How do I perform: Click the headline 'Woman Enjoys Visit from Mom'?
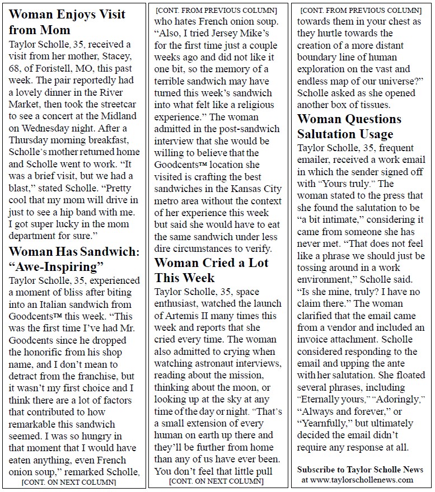(67, 22)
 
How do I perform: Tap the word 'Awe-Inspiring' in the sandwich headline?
(57, 266)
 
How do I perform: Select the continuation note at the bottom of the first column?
(68, 482)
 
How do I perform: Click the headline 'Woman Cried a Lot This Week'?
(211, 270)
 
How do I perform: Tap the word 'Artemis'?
(174, 316)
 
